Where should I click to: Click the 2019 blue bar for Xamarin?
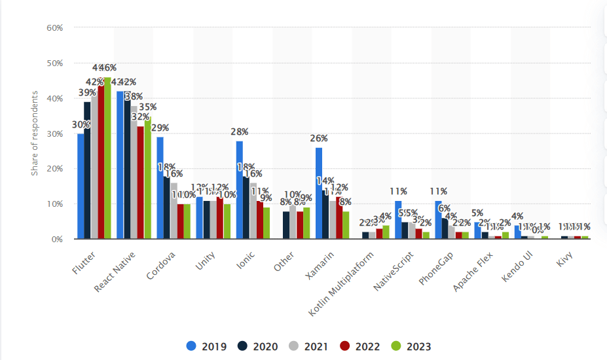(319, 193)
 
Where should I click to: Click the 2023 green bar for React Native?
(147, 178)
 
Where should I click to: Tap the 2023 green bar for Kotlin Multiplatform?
(386, 232)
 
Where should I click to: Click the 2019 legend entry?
(206, 346)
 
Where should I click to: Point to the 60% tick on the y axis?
(54, 28)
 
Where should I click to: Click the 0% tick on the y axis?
(56, 240)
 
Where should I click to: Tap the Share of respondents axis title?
(35, 134)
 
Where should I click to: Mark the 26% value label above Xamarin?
(319, 139)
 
